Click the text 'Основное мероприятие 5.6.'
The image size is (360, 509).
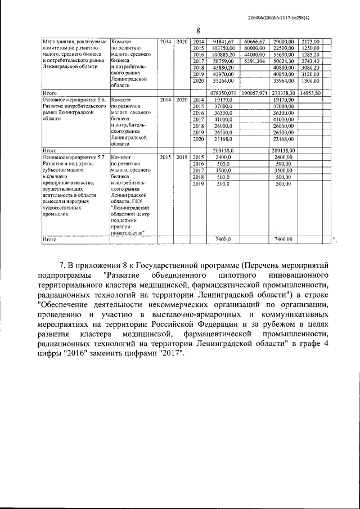74,100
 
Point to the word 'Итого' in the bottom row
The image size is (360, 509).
51,240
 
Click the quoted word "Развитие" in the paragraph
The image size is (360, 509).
124,276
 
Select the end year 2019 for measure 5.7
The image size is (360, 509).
181,157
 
